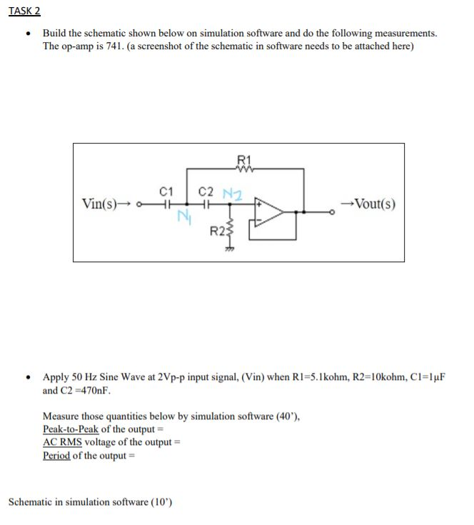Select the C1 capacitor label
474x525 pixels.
click(165, 191)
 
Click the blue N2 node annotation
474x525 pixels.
click(232, 192)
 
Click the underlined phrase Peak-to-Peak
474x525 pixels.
click(71, 429)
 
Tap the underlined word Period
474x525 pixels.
click(56, 456)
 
